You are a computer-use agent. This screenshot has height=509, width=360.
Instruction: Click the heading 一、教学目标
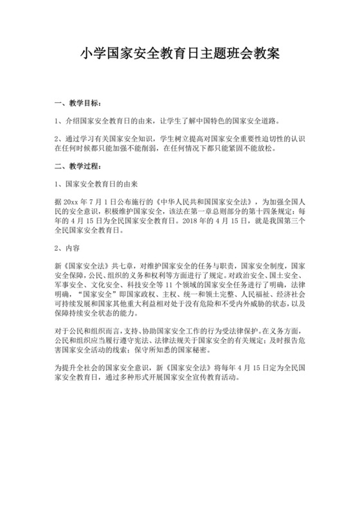[x=78, y=102]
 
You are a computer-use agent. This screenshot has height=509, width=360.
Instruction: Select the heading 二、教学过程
[x=78, y=166]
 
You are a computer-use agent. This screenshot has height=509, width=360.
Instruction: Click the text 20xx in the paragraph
[x=71, y=201]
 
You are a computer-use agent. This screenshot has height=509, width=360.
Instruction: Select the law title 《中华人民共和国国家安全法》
[x=194, y=201]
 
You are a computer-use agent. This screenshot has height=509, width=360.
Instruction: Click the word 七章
[x=125, y=265]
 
